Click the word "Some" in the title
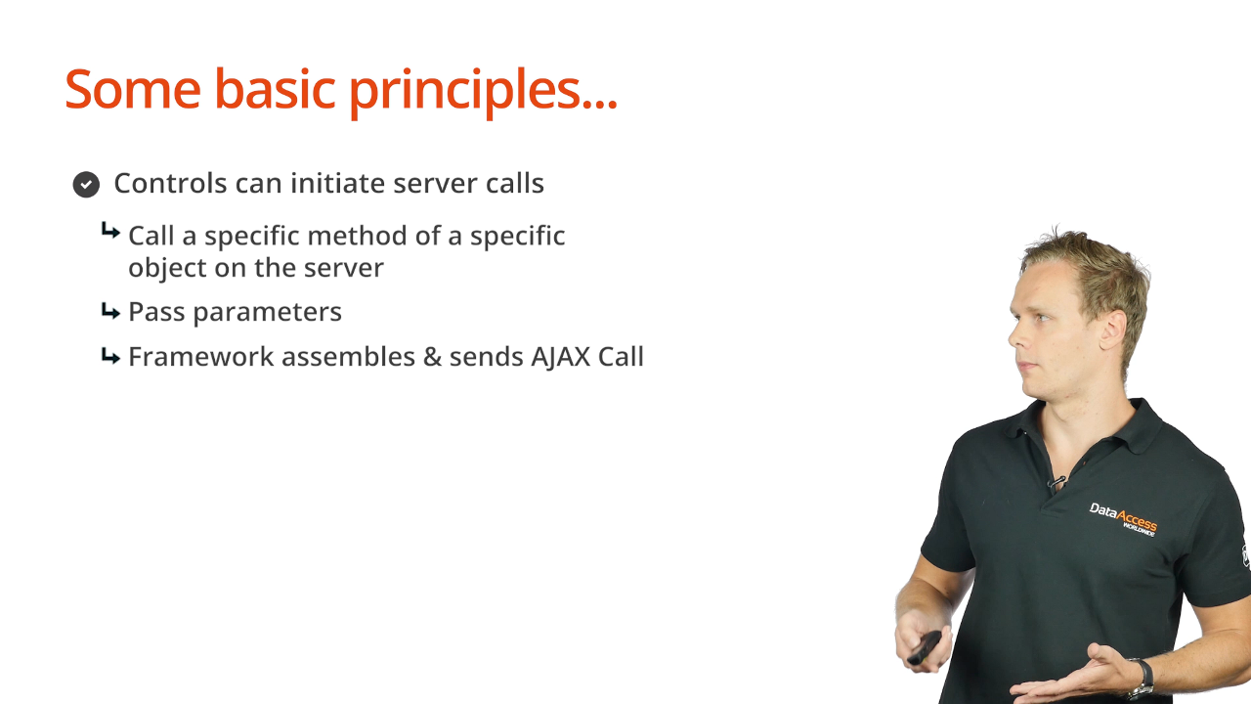click(133, 89)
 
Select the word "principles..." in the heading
click(483, 93)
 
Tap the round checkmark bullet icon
click(86, 185)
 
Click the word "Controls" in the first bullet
click(170, 183)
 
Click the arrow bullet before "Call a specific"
click(110, 230)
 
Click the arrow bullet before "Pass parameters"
click(110, 311)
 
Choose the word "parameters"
click(268, 312)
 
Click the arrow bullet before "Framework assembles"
click(110, 356)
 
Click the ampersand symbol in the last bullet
click(432, 357)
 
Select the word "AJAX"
click(560, 358)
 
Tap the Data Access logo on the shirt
click(1123, 519)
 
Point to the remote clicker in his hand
click(925, 647)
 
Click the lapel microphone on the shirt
click(1057, 482)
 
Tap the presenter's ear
click(1111, 330)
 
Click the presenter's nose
click(1014, 335)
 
